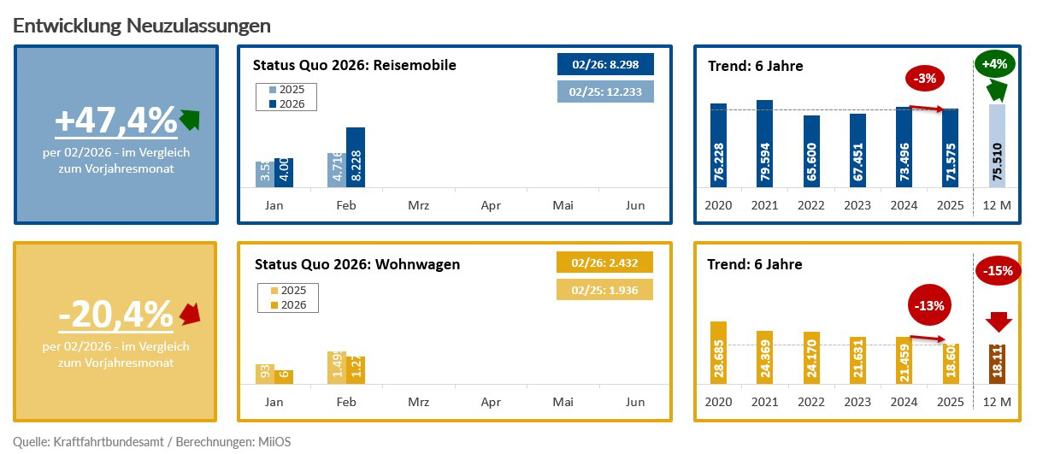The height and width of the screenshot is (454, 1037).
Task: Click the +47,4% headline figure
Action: point(115,121)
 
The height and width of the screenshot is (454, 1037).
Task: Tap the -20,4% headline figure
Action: point(115,315)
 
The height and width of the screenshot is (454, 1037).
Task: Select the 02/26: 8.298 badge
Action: point(605,65)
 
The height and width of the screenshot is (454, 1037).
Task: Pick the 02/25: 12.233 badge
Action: point(605,91)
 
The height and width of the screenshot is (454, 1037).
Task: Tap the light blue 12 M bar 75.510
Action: point(997,145)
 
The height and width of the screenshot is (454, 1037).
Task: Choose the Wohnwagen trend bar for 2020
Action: point(718,353)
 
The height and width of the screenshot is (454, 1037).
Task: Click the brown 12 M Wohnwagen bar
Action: point(997,364)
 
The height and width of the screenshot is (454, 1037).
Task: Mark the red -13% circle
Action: point(928,304)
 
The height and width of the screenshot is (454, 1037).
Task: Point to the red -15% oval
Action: point(997,271)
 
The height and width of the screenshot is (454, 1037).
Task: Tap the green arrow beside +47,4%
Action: point(189,120)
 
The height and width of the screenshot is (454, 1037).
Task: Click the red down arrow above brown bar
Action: point(997,322)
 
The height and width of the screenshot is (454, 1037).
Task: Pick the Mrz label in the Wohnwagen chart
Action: point(418,402)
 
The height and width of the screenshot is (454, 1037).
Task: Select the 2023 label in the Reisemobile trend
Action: point(857,205)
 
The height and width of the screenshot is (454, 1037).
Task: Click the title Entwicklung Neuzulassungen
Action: point(142,26)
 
